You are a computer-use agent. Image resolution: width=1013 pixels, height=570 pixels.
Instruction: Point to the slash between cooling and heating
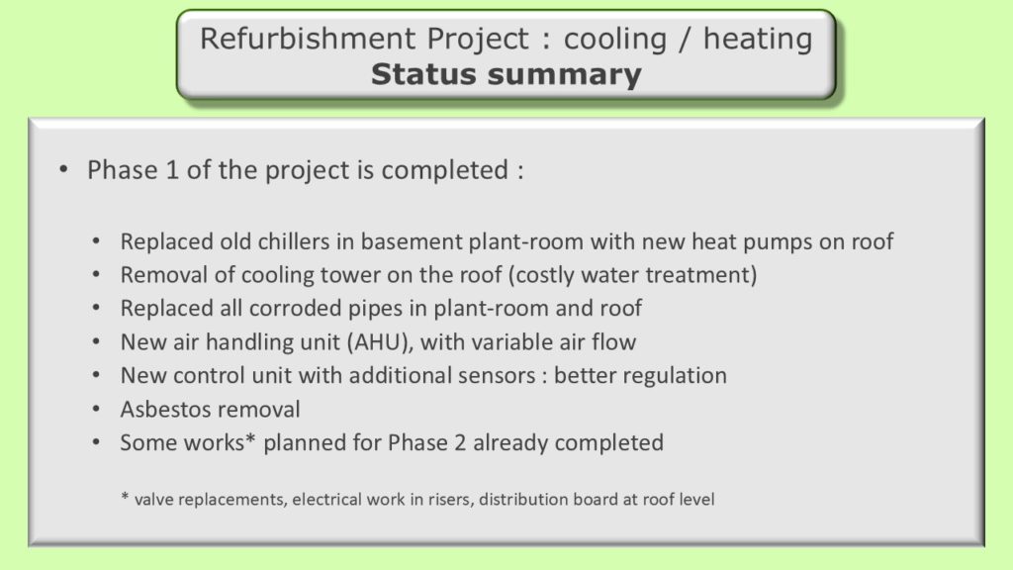tap(685, 40)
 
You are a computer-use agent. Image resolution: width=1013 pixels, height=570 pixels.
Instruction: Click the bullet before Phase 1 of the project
tap(63, 170)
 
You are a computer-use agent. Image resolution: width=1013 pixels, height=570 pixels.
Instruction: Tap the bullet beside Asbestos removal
tap(96, 409)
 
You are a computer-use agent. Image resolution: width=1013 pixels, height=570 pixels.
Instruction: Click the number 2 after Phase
tap(459, 442)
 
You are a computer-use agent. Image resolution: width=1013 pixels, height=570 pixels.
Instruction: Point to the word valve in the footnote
tap(154, 500)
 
